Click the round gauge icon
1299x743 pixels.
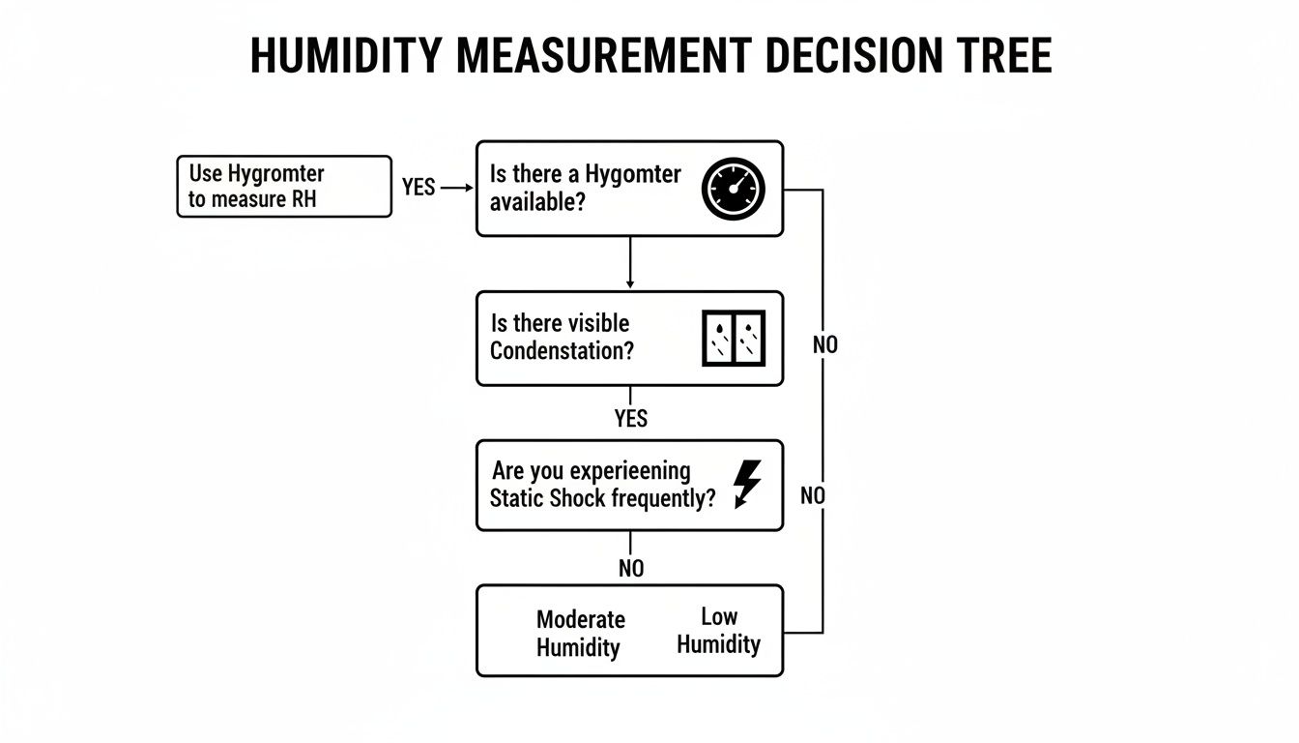733,188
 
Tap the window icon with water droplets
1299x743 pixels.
733,338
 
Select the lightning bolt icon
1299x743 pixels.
746,484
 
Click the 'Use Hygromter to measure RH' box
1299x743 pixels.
284,187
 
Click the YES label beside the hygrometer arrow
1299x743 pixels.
419,188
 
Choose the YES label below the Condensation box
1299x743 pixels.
630,419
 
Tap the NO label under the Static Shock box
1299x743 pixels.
630,569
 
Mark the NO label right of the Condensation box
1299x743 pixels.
825,345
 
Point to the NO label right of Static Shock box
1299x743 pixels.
813,496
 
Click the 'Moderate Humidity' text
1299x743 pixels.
580,634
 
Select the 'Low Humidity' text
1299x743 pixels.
718,631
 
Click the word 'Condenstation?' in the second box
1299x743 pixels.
562,350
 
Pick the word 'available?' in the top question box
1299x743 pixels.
536,202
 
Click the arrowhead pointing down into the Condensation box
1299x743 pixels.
630,283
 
